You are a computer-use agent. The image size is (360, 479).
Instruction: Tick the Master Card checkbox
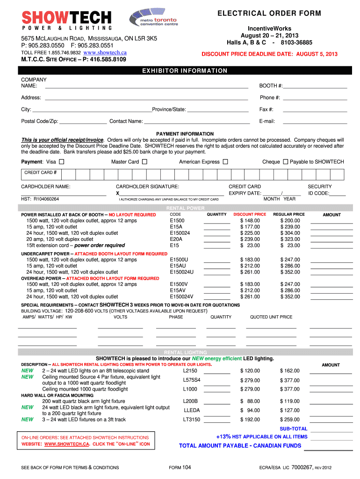pyautogui.click(x=144, y=162)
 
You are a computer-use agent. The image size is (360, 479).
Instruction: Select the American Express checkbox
pyautogui.click(x=225, y=162)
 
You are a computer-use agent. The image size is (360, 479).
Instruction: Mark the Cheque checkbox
pyautogui.click(x=285, y=162)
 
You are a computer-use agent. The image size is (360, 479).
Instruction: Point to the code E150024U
pyautogui.click(x=182, y=272)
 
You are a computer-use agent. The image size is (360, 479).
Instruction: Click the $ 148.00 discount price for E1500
pyautogui.click(x=250, y=221)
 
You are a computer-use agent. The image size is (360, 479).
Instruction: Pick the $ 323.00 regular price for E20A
pyautogui.click(x=290, y=239)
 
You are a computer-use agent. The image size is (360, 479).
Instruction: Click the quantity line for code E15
pyautogui.click(x=216, y=246)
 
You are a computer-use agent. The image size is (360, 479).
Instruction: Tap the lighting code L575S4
pyautogui.click(x=191, y=380)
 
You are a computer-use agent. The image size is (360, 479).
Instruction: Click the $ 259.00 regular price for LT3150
pyautogui.click(x=290, y=420)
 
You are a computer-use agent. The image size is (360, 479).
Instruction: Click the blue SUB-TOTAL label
pyautogui.click(x=293, y=428)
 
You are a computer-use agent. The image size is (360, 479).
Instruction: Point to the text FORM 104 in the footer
pyautogui.click(x=180, y=467)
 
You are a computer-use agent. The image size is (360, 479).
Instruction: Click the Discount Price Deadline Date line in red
pyautogui.click(x=269, y=54)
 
